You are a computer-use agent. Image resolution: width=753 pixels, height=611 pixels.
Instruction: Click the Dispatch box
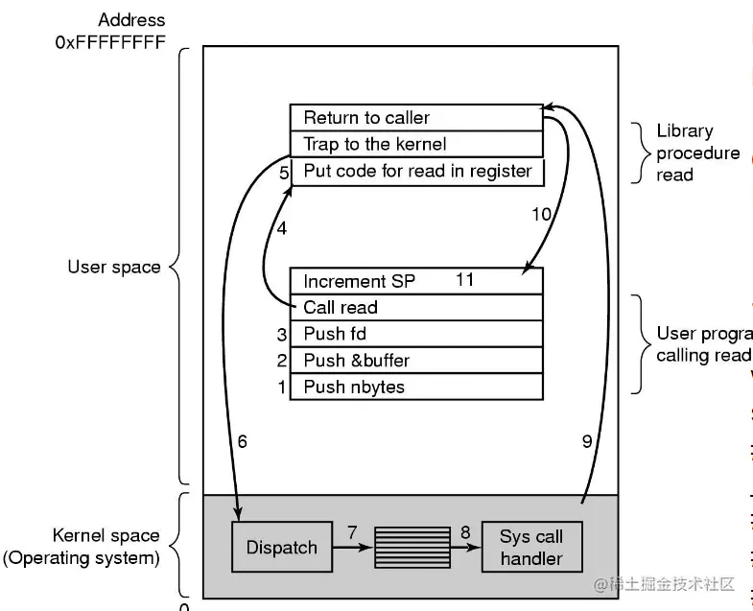pyautogui.click(x=281, y=548)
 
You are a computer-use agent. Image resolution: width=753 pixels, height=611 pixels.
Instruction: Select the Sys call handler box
pyautogui.click(x=530, y=548)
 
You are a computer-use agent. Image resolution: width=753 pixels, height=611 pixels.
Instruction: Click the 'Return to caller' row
pyautogui.click(x=416, y=118)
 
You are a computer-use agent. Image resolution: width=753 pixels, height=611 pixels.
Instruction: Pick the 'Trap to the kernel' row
pyautogui.click(x=416, y=145)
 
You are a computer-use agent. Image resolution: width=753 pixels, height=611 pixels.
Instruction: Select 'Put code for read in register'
pyautogui.click(x=416, y=172)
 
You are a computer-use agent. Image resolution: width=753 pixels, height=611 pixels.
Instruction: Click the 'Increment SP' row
pyautogui.click(x=416, y=281)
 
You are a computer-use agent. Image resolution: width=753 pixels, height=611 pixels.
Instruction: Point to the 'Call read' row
pyautogui.click(x=416, y=308)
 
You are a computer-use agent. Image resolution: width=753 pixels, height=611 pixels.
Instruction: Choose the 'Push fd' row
pyautogui.click(x=416, y=334)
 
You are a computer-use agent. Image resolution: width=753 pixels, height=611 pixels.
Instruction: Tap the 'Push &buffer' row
pyautogui.click(x=416, y=361)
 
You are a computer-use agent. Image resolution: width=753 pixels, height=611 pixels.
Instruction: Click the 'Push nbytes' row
pyautogui.click(x=416, y=388)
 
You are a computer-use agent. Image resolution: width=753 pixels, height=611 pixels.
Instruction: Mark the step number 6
pyautogui.click(x=242, y=442)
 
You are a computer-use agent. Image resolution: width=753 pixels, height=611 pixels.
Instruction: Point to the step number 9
pyautogui.click(x=587, y=442)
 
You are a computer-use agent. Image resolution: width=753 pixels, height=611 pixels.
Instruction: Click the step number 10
pyautogui.click(x=541, y=214)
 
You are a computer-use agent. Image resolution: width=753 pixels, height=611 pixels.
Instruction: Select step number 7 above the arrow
pyautogui.click(x=352, y=530)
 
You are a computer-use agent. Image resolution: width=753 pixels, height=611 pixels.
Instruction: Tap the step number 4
pyautogui.click(x=282, y=229)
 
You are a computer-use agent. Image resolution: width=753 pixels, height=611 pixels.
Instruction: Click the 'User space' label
pyautogui.click(x=114, y=268)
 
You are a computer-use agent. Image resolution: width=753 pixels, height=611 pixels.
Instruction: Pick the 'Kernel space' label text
pyautogui.click(x=106, y=536)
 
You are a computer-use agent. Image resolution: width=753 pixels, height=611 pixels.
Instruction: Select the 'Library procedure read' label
pyautogui.click(x=697, y=153)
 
